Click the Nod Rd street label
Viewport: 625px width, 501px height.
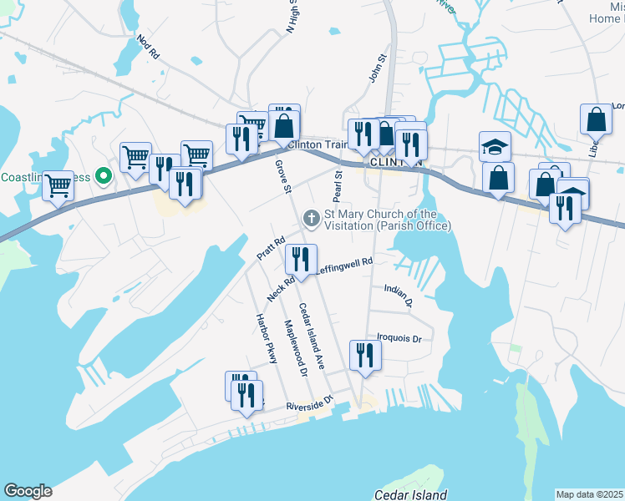point(147,47)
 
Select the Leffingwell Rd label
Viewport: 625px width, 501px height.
point(344,266)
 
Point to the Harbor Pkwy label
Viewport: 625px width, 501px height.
point(265,339)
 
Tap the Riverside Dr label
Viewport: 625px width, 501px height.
point(309,403)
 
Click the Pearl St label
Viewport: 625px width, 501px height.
point(338,186)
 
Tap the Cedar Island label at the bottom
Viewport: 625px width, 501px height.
point(410,494)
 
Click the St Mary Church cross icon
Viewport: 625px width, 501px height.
point(311,219)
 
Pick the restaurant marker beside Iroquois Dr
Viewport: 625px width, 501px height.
point(366,356)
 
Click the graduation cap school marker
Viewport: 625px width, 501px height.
point(495,146)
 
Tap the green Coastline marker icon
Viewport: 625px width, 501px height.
point(103,177)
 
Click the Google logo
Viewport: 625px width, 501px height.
point(27,491)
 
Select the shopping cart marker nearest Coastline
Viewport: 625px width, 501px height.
point(58,185)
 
